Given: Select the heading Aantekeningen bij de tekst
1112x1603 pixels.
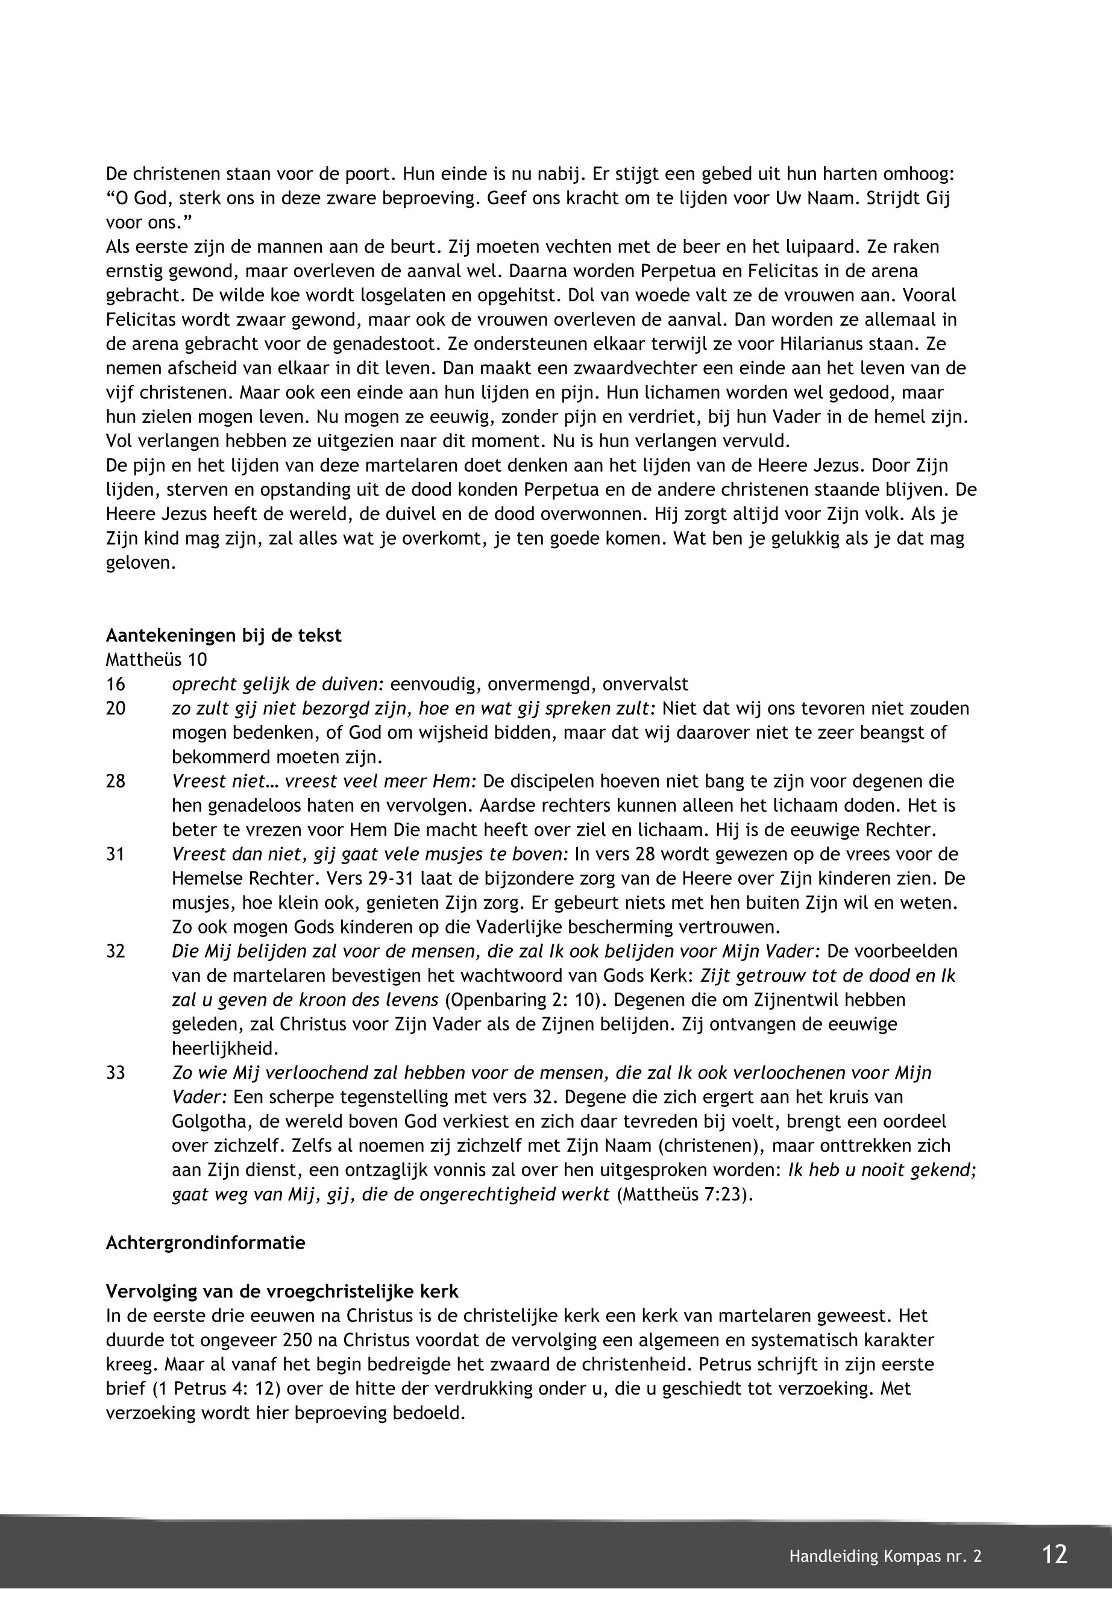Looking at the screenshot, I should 224,635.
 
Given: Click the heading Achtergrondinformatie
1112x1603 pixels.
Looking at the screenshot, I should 206,1243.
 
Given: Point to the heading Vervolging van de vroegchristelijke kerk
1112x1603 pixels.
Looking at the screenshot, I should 282,1291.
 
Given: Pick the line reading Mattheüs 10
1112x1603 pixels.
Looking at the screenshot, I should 156,659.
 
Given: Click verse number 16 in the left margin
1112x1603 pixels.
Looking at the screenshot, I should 116,683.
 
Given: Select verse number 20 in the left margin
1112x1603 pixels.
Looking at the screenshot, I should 116,708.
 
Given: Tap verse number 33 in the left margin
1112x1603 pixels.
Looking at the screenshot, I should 116,1072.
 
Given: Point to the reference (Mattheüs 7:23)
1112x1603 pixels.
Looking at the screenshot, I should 685,1194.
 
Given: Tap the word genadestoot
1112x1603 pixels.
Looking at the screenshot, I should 381,344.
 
